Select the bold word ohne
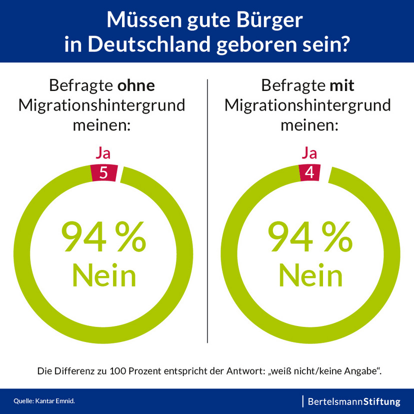tap(136, 85)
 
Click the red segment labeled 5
tap(104, 172)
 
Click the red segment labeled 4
tap(310, 172)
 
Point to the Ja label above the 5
tap(103, 152)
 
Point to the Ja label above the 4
tap(310, 152)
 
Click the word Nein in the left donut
tap(104, 275)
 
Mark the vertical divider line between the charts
tap(207, 210)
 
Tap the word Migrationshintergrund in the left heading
tap(102, 105)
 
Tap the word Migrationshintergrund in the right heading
tap(308, 105)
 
